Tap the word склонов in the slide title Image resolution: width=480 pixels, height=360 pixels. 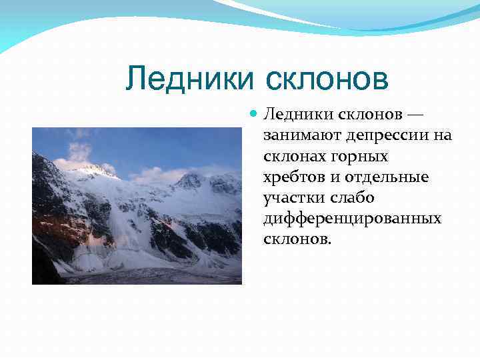pos(327,79)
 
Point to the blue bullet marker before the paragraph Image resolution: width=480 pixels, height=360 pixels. pos(253,115)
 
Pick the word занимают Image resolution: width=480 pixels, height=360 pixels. pos(301,135)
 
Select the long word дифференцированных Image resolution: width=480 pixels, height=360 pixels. pos(353,218)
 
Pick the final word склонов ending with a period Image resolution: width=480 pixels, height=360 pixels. pos(297,239)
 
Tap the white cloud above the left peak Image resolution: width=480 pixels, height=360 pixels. pos(79,152)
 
